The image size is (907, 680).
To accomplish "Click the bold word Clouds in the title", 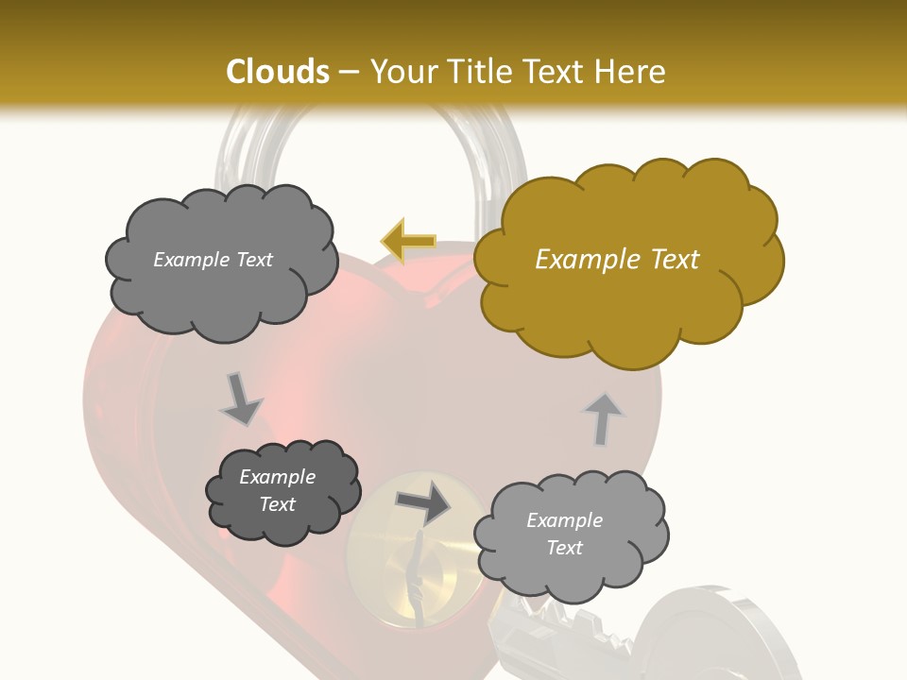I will pyautogui.click(x=279, y=72).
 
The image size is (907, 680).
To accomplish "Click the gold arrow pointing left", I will pyautogui.click(x=408, y=241).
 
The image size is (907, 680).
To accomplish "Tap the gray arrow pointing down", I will pyautogui.click(x=241, y=399).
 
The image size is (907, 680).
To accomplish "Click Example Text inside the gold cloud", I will pyautogui.click(x=617, y=260).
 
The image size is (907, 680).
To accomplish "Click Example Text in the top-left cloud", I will pyautogui.click(x=213, y=260).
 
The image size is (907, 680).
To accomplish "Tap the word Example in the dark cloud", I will pyautogui.click(x=277, y=477).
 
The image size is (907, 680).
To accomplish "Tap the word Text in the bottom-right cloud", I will pyautogui.click(x=564, y=548).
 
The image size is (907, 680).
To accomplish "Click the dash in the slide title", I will pyautogui.click(x=349, y=72).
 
